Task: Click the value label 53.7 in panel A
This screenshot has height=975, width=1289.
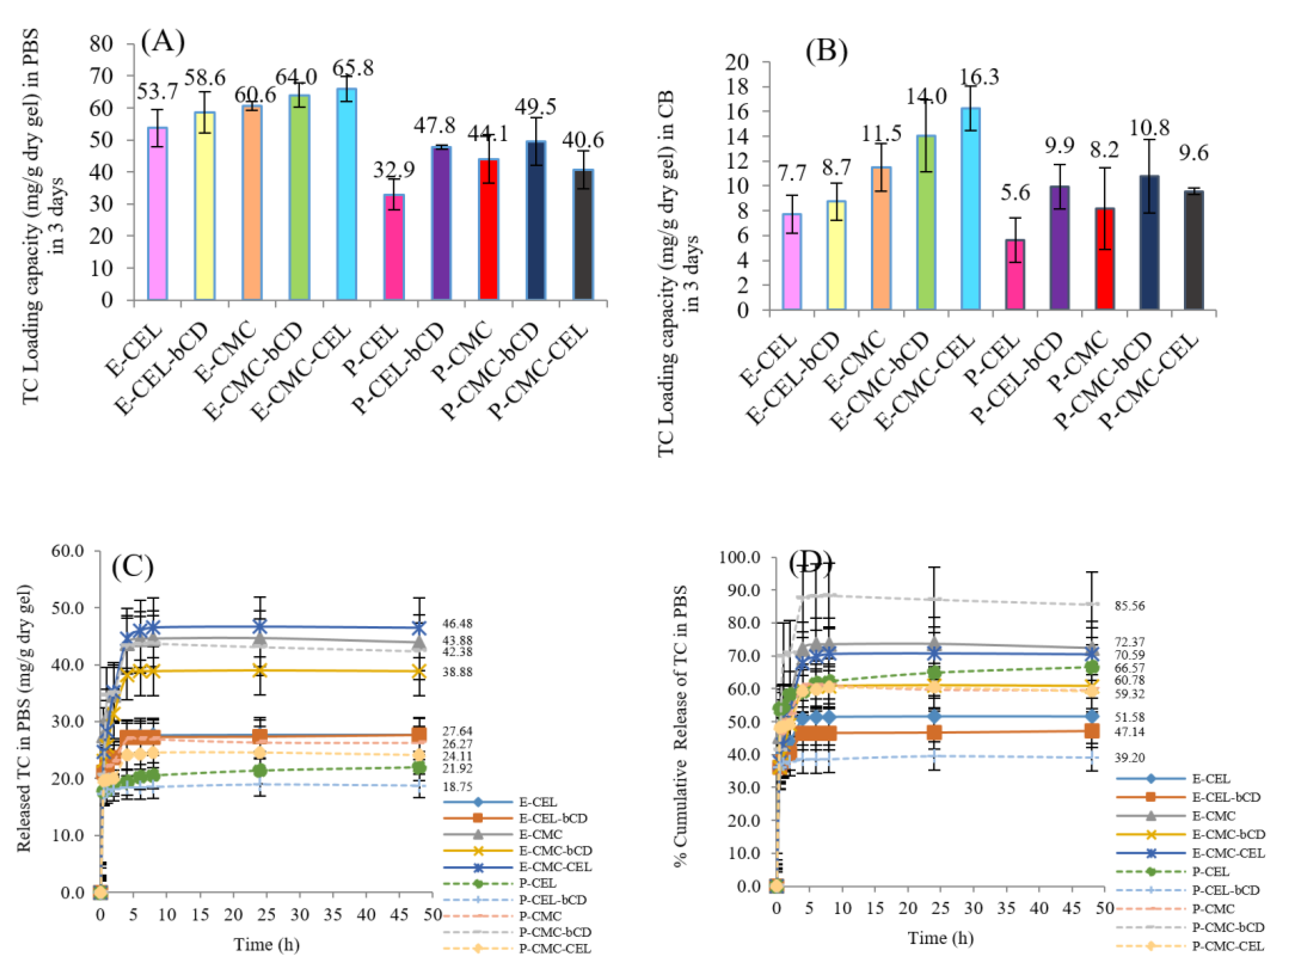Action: [157, 91]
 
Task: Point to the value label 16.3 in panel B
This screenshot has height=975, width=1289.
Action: [979, 76]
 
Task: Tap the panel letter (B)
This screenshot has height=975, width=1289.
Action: [826, 51]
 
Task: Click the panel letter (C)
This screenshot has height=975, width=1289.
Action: [133, 566]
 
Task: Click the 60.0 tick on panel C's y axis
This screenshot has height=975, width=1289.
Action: [68, 551]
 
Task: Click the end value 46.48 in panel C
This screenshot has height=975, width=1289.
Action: [457, 623]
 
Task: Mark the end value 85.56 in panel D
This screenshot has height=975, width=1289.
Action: [1130, 606]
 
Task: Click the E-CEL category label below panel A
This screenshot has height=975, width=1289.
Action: [134, 349]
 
